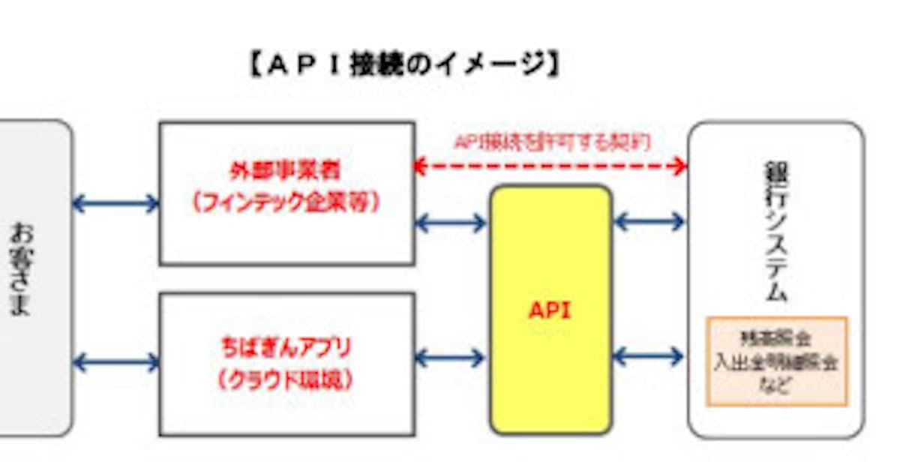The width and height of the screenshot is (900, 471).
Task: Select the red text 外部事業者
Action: pyautogui.click(x=285, y=171)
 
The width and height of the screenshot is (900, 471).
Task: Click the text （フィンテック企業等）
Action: pyautogui.click(x=285, y=204)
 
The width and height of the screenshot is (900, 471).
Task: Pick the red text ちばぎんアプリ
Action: pyautogui.click(x=286, y=349)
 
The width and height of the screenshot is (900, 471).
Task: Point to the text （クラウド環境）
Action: pyautogui.click(x=286, y=381)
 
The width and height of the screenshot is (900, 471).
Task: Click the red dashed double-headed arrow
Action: pyautogui.click(x=551, y=166)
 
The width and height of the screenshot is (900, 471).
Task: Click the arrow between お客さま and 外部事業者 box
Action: pyautogui.click(x=116, y=203)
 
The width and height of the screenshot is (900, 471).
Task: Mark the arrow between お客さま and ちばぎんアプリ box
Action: pyautogui.click(x=116, y=363)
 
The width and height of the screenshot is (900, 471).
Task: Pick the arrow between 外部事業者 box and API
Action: pyautogui.click(x=451, y=223)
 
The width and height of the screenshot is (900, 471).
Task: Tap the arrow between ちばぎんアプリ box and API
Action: pyautogui.click(x=451, y=358)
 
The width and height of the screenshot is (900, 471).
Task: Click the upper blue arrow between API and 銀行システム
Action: pyautogui.click(x=649, y=221)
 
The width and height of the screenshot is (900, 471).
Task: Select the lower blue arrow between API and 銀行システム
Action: pyautogui.click(x=649, y=356)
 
